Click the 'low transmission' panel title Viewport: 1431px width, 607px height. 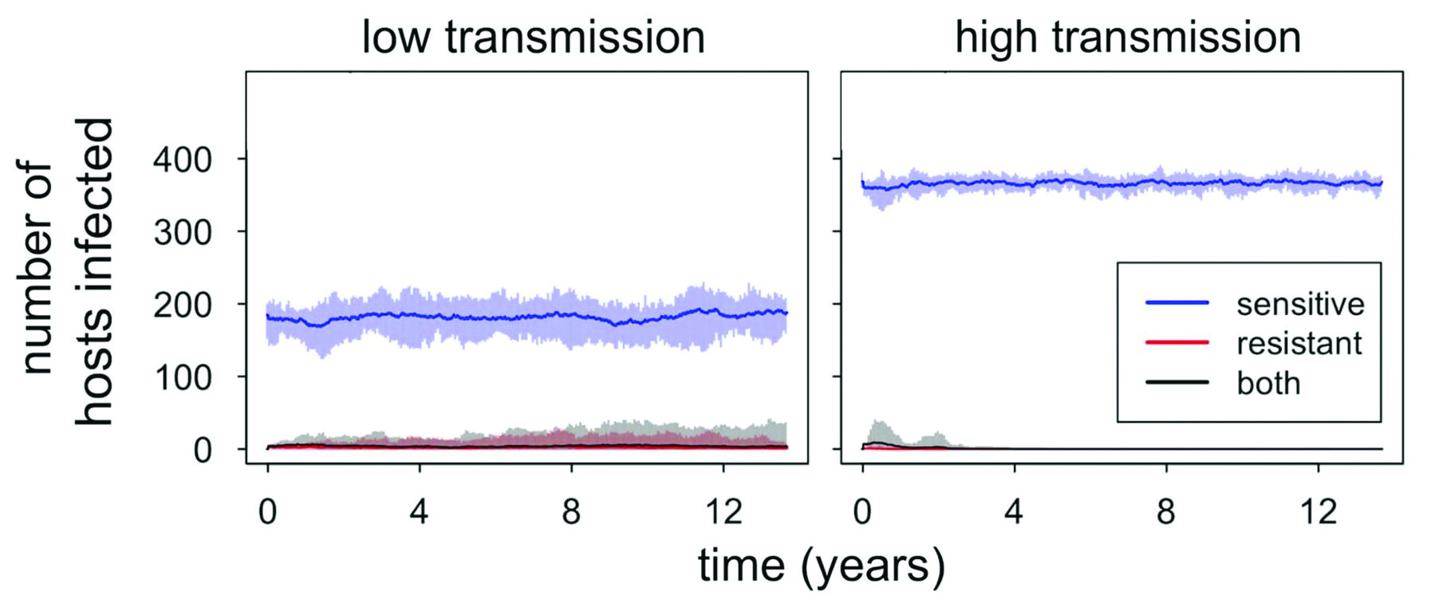533,37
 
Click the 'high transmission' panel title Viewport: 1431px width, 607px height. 1127,37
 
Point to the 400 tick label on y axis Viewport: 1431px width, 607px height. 183,160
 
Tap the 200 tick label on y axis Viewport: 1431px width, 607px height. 183,305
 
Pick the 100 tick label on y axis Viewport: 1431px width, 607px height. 183,377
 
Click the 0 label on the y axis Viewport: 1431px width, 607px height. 203,450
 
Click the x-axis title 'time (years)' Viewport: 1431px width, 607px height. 822,566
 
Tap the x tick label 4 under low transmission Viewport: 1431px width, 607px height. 420,510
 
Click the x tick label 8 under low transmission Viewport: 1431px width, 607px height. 571,510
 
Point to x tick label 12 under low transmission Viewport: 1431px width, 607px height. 723,510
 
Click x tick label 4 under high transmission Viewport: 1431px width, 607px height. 1014,510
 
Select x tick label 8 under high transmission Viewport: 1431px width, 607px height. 1166,510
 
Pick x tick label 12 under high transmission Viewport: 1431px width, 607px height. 1318,510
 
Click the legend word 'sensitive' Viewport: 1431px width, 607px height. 1300,304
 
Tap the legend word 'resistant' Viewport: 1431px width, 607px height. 1299,343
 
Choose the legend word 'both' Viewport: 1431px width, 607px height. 1268,383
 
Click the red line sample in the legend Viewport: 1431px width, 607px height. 1177,342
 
